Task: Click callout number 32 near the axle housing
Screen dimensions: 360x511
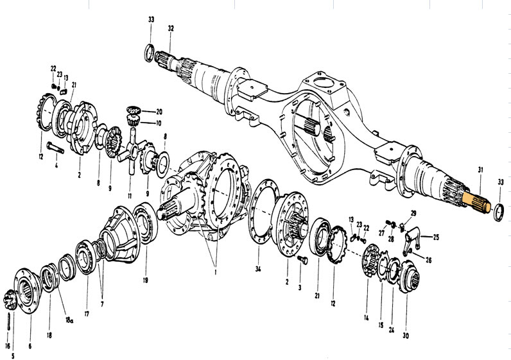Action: pyautogui.click(x=170, y=28)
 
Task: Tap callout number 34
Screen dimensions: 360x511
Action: pyautogui.click(x=258, y=268)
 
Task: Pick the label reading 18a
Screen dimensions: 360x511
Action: pyautogui.click(x=69, y=318)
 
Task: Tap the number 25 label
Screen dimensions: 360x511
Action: pyautogui.click(x=437, y=237)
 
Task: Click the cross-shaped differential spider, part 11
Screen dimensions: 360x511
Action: pyautogui.click(x=131, y=150)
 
